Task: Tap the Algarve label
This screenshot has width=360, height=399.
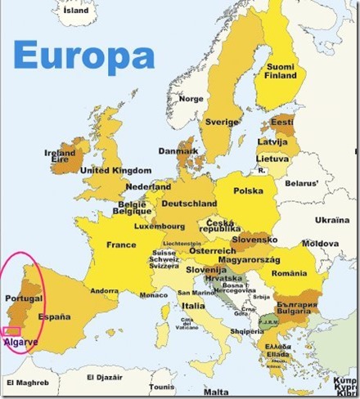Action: tap(20, 341)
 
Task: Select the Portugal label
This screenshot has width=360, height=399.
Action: tap(23, 299)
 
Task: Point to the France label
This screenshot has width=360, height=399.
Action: tap(121, 244)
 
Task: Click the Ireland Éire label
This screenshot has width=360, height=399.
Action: tap(60, 156)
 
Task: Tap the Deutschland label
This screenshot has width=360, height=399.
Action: tap(189, 203)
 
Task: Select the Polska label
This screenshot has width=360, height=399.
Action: tap(249, 191)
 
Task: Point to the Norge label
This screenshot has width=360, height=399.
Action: tap(191, 99)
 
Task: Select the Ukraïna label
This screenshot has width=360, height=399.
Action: tap(331, 220)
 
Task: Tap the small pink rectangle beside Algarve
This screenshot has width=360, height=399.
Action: tap(11, 330)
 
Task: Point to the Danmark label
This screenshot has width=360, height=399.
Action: tap(178, 151)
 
